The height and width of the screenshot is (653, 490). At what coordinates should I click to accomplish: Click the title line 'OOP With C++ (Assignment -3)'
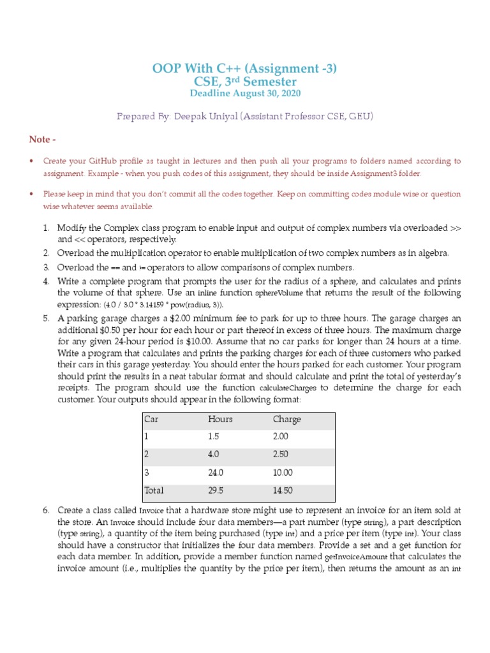(245, 68)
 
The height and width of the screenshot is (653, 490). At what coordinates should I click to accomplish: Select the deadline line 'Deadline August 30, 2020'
(245, 94)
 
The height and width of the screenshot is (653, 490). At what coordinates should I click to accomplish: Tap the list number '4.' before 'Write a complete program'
(46, 281)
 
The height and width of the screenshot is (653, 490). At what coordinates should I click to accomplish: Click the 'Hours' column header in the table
(220, 419)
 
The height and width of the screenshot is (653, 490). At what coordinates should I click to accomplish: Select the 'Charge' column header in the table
(286, 419)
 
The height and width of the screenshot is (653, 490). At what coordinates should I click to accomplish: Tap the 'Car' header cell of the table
(151, 419)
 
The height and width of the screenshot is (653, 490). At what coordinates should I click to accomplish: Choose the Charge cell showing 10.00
(283, 473)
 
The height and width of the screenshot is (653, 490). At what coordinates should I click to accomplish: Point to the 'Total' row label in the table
(154, 490)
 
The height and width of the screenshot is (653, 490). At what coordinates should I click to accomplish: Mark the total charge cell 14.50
(283, 490)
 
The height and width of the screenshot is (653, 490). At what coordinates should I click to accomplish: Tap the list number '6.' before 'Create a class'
(46, 510)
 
